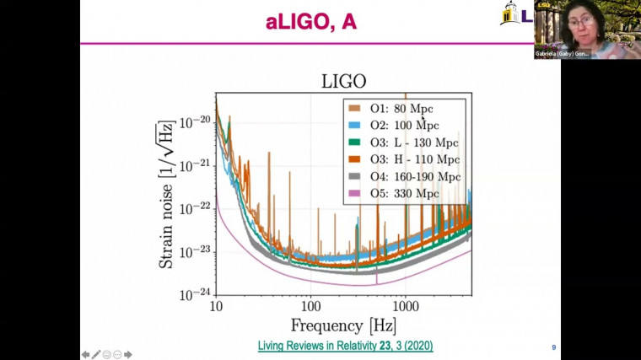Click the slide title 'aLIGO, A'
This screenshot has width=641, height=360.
pyautogui.click(x=310, y=22)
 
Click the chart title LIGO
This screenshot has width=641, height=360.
pyautogui.click(x=344, y=82)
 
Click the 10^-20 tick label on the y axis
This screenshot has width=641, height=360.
pyautogui.click(x=195, y=121)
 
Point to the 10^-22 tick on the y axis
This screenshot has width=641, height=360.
pyautogui.click(x=195, y=207)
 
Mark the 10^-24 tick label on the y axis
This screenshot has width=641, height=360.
pyautogui.click(x=195, y=294)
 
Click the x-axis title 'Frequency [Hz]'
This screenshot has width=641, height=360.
pyautogui.click(x=343, y=325)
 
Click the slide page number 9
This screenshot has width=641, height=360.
pyautogui.click(x=553, y=347)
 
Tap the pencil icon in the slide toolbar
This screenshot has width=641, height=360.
pyautogui.click(x=96, y=354)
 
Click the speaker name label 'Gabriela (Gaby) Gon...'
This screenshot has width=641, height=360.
pyautogui.click(x=562, y=54)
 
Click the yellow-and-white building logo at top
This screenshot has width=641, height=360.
pyautogui.click(x=511, y=13)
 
